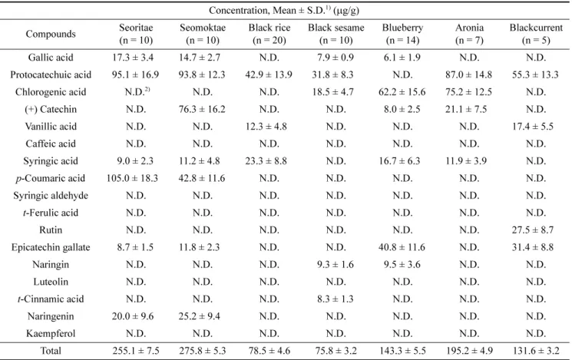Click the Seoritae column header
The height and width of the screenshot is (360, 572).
136,34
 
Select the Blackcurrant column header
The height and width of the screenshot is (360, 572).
536,34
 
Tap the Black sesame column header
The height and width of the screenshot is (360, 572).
336,34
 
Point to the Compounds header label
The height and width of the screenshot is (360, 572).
51,34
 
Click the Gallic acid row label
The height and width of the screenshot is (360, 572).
51,58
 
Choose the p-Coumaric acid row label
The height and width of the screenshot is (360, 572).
51,178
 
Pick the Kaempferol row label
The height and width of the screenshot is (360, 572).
51,333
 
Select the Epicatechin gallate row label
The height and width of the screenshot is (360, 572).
51,247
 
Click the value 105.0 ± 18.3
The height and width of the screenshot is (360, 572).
132,178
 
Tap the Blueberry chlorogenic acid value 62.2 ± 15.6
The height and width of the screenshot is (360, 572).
402,92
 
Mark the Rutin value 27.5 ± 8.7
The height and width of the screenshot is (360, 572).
533,230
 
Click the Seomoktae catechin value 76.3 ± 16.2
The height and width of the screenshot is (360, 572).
202,109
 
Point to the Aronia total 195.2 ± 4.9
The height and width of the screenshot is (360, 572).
469,351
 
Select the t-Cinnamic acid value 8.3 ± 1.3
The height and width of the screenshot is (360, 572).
336,299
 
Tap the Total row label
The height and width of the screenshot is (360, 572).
51,351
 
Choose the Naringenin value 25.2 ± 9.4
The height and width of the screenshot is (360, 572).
199,316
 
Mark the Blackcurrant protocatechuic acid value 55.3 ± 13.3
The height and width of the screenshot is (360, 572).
535,74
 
